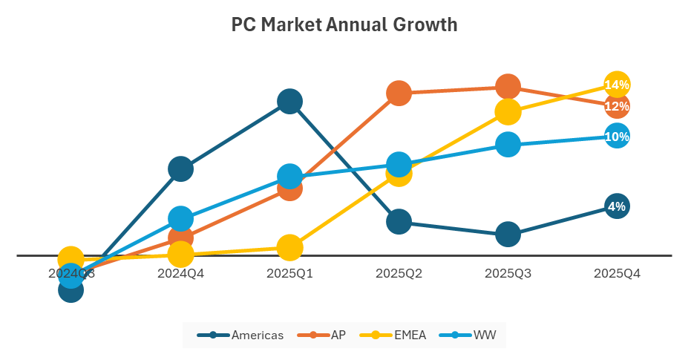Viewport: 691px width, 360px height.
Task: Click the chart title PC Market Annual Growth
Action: coord(344,25)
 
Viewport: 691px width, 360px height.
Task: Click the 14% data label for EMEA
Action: coord(617,85)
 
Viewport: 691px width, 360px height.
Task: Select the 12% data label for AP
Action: coord(617,107)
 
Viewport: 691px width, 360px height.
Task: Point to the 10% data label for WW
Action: coord(617,137)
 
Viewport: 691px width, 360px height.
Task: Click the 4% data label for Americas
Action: coord(617,206)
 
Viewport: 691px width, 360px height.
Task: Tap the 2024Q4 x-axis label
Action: coord(180,273)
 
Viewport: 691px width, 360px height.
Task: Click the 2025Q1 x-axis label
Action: coord(289,273)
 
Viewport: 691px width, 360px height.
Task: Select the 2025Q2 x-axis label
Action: coord(399,273)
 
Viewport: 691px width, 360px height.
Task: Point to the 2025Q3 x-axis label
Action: coord(508,273)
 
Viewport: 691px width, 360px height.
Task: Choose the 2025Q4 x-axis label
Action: coord(617,273)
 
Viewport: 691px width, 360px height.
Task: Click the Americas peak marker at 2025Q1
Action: coord(289,101)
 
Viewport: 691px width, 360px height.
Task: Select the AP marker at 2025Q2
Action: coord(399,93)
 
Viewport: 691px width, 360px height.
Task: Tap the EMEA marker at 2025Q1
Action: coord(289,247)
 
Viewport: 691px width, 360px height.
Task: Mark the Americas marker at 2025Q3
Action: coord(508,234)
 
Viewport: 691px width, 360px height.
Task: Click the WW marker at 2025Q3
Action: coord(508,144)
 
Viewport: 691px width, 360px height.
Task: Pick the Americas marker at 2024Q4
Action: coord(180,168)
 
